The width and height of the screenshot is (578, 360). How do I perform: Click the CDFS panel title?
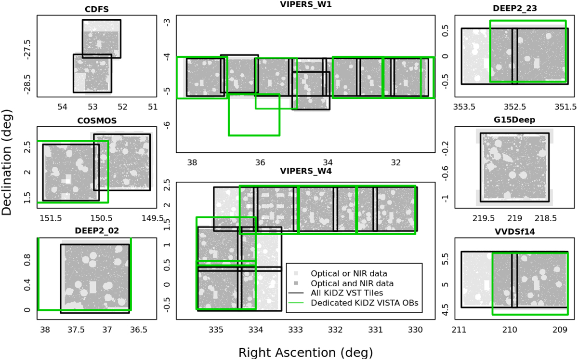[x=97, y=9]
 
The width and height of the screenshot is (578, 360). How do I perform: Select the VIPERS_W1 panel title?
[x=306, y=4]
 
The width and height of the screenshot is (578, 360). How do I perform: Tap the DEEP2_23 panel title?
[x=515, y=8]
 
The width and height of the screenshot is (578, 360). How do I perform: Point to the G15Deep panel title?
[x=514, y=120]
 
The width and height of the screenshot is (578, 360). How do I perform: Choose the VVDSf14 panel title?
[x=515, y=231]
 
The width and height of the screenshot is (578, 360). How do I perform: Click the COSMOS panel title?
[x=97, y=120]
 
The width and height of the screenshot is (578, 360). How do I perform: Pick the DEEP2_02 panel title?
[x=97, y=231]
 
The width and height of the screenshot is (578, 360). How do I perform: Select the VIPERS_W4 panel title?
[x=306, y=171]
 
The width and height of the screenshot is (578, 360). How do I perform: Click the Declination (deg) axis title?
[x=6, y=162]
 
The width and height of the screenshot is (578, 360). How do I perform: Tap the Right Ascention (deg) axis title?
[x=305, y=352]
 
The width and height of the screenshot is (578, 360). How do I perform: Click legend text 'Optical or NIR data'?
[x=349, y=273]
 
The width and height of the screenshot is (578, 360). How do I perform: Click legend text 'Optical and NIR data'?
[x=352, y=283]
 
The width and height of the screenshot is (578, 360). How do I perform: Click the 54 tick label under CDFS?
[x=62, y=107]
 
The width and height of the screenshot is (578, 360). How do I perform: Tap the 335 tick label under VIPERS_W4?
[x=216, y=330]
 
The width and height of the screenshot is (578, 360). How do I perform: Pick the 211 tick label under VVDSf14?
[x=460, y=330]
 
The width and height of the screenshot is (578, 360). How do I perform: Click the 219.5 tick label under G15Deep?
[x=484, y=218]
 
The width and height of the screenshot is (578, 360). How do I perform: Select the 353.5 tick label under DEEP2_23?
[x=464, y=107]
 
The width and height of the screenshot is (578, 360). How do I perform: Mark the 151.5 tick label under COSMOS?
[x=51, y=218]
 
